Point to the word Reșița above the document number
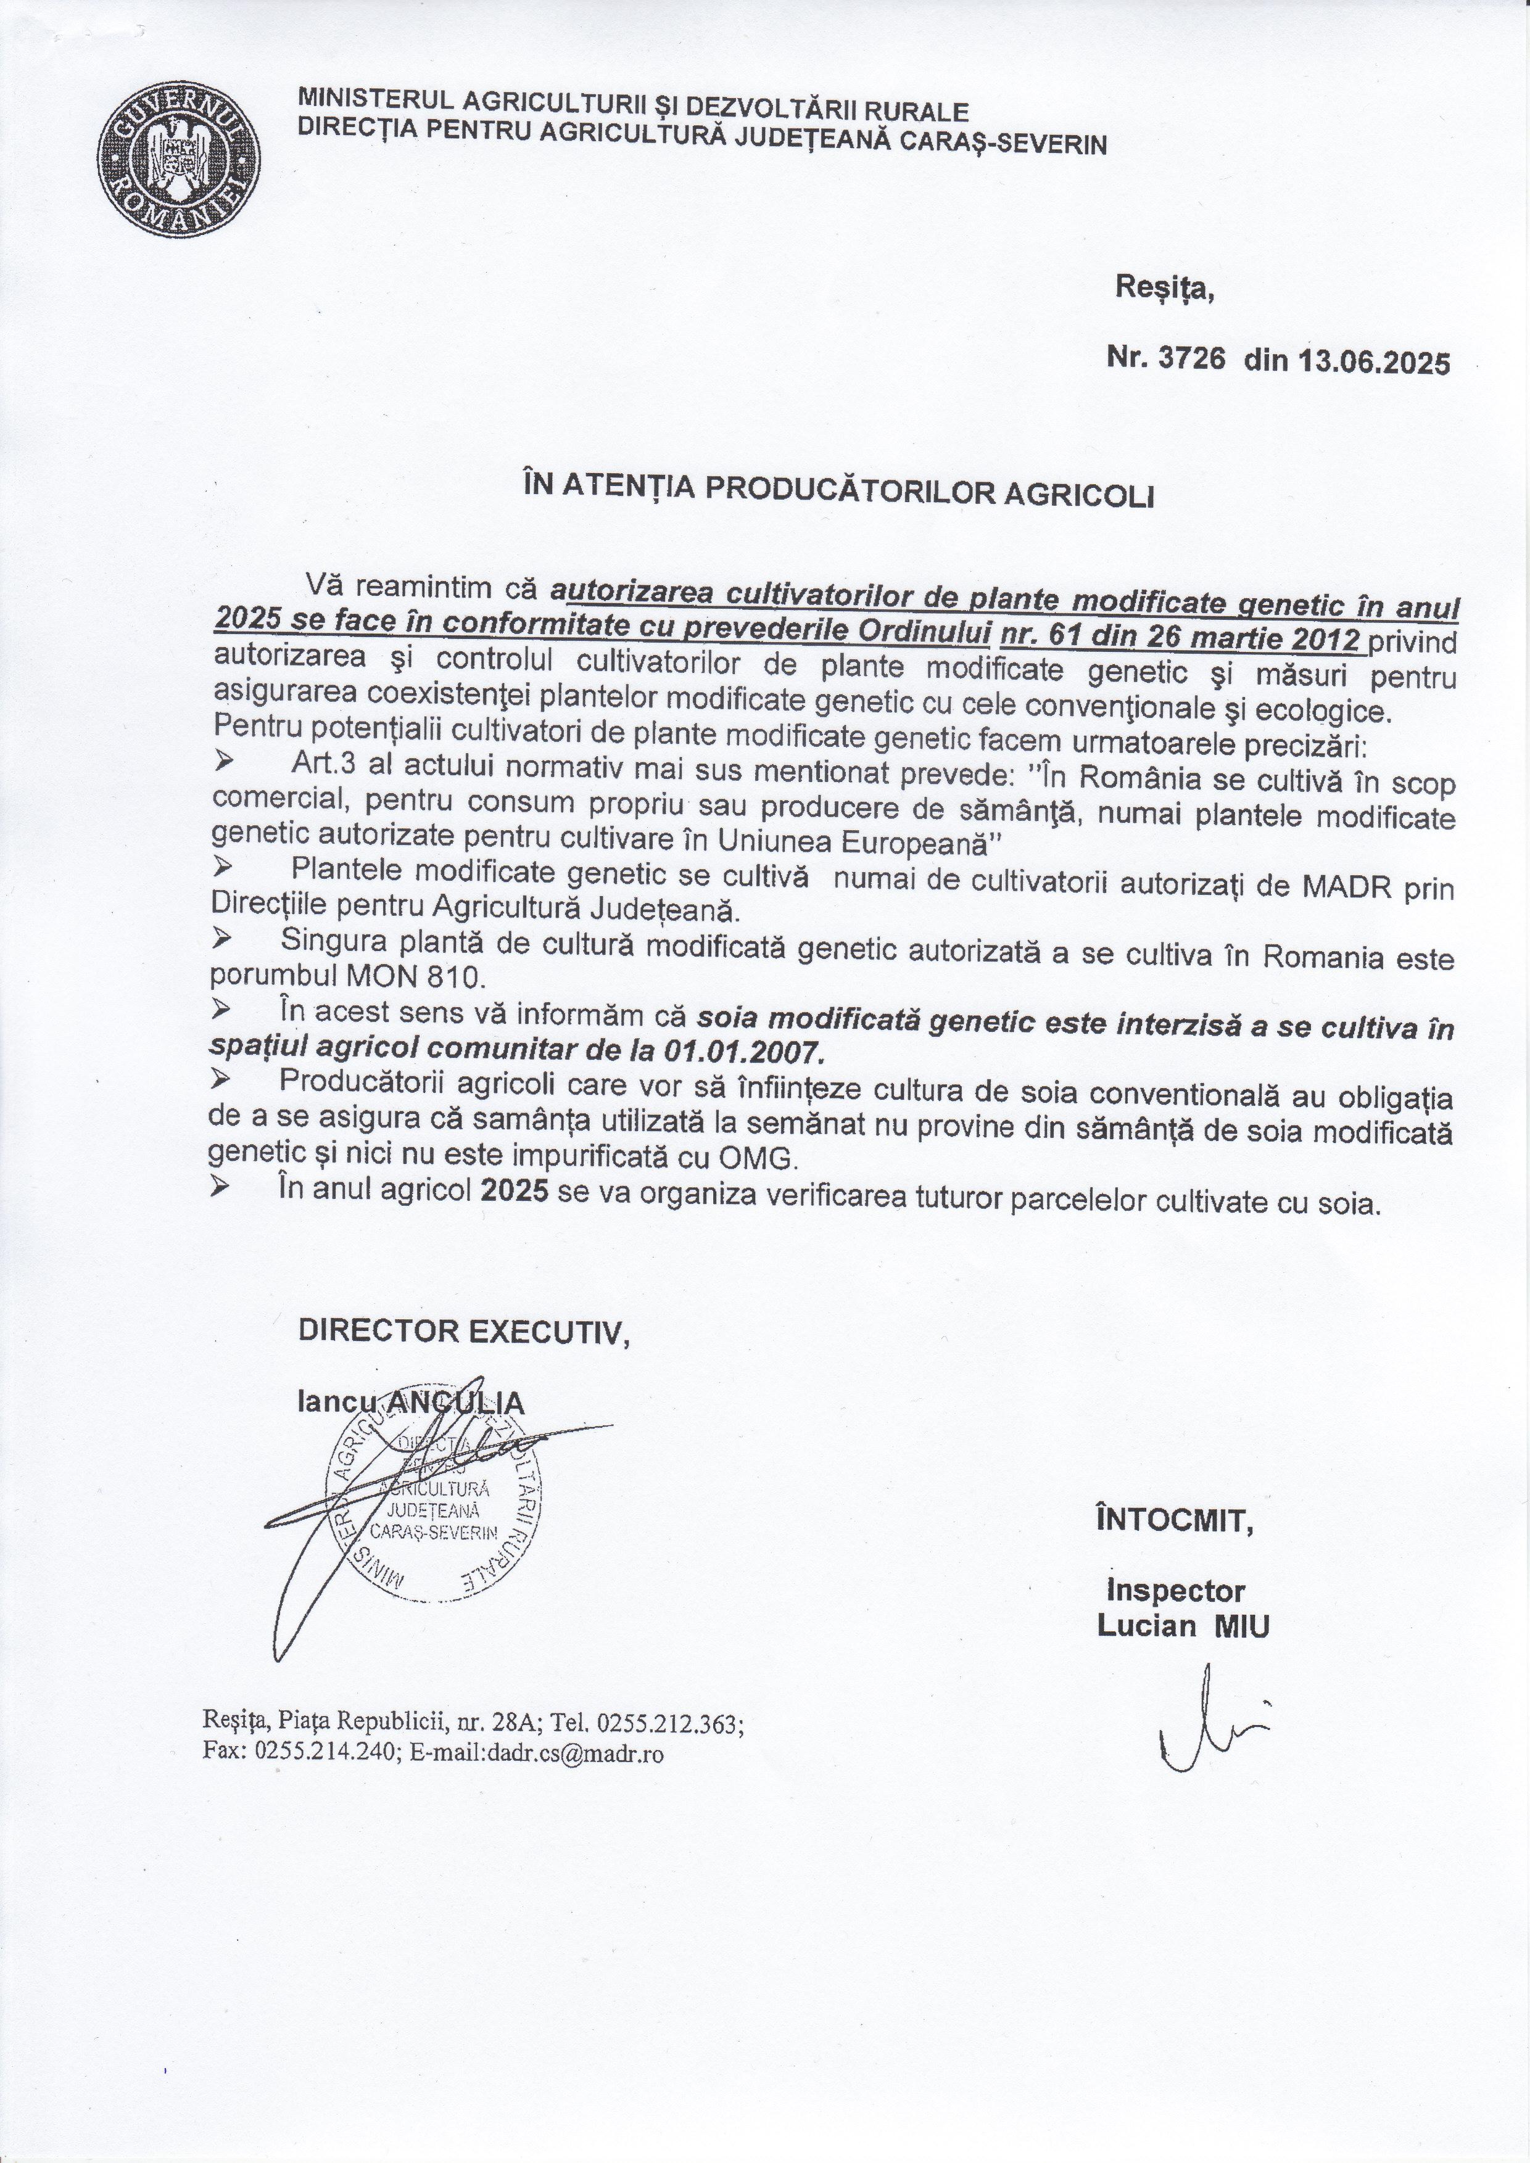point(1164,287)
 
